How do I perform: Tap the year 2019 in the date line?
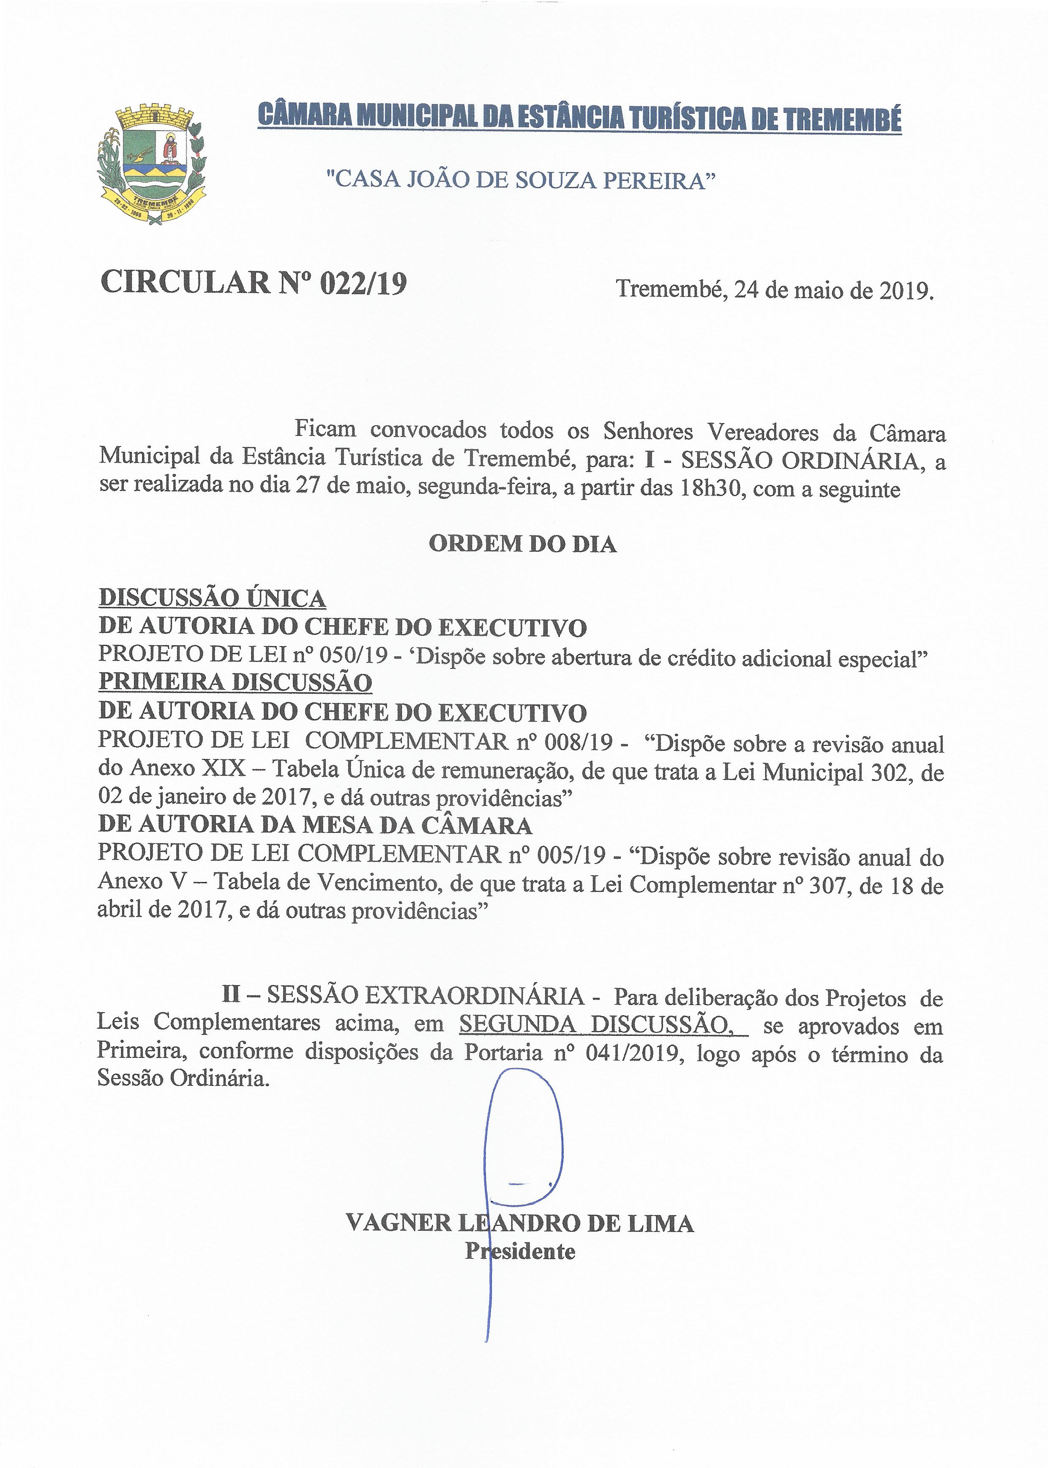coord(906,290)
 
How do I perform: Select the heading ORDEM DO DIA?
coord(523,544)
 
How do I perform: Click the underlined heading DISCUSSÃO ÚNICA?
coord(212,598)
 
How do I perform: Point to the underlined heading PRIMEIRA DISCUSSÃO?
coord(235,683)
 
